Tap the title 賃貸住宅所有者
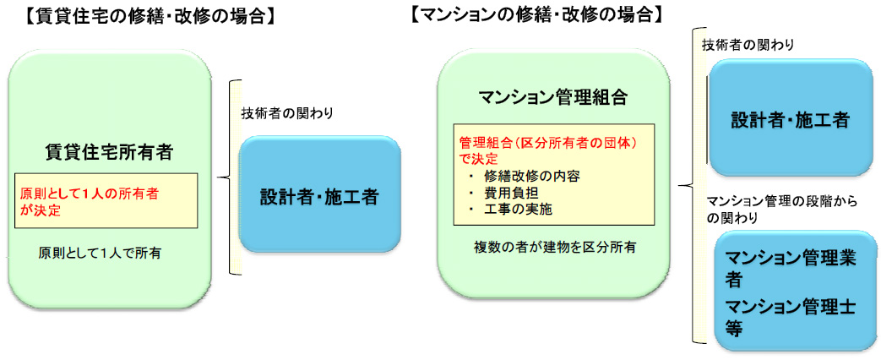108,152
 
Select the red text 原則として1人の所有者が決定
89,202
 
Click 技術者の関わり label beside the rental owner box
287,113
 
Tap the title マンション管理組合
553,97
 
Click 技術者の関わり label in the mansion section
748,46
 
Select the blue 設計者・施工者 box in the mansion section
790,117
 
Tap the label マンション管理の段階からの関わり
781,210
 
